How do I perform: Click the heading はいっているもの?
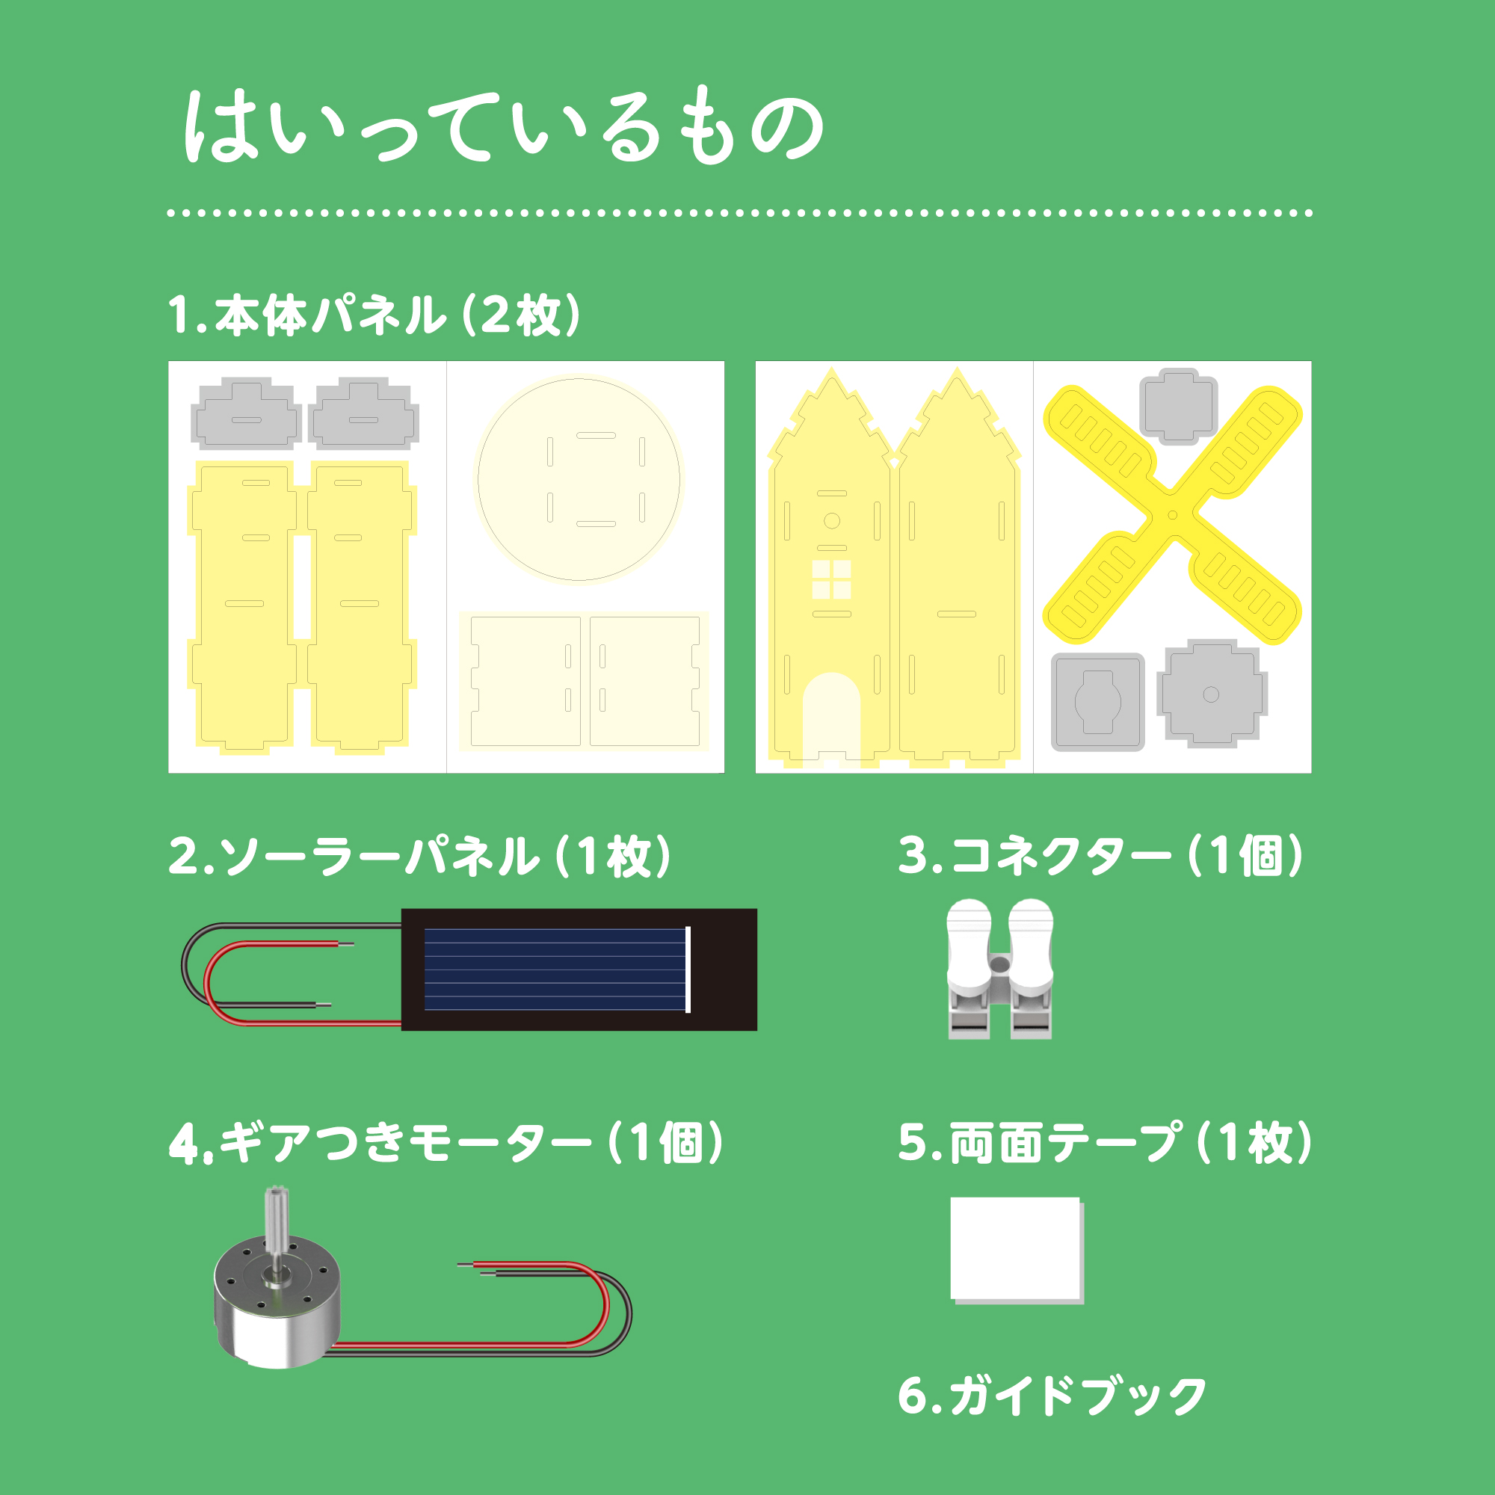[504, 126]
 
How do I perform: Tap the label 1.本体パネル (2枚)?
[374, 315]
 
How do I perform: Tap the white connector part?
[999, 968]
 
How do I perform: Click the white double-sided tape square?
[1017, 1250]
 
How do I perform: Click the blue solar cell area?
[555, 969]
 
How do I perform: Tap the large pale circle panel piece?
[579, 479]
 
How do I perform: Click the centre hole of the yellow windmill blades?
[1172, 514]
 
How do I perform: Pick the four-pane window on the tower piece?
[832, 579]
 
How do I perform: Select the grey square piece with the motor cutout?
[1097, 702]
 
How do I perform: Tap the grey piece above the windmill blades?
[1179, 405]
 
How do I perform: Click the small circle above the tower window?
[832, 521]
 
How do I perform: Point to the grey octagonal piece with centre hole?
[1211, 694]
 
